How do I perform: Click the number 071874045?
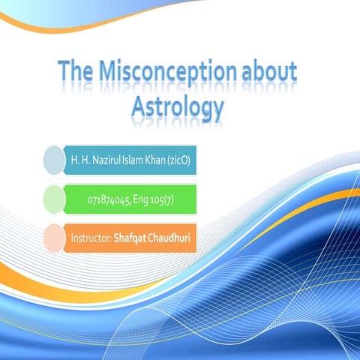coord(110,199)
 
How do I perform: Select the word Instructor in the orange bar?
coord(90,238)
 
